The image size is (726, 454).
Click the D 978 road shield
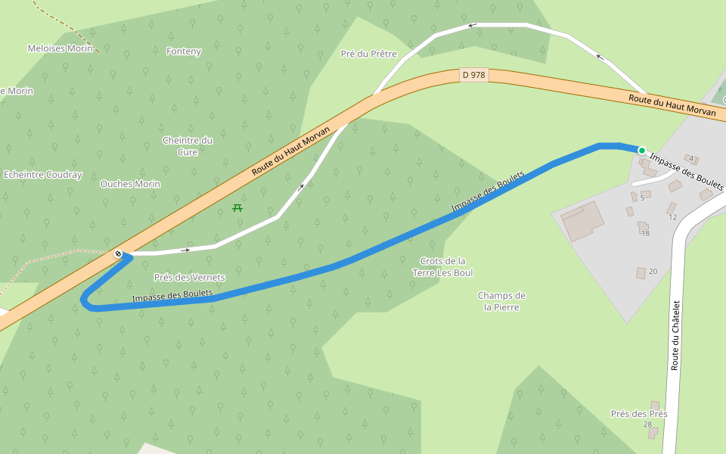point(473,75)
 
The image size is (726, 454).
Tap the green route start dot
point(642,151)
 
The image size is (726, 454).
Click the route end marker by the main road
point(119,253)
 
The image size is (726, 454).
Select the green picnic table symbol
point(237,207)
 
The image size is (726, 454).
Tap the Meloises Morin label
point(60,48)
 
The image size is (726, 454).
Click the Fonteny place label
point(184,51)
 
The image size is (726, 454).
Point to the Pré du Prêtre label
point(369,54)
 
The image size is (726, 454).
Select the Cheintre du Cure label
point(188,146)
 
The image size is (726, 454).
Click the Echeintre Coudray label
point(42,175)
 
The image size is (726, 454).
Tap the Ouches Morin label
point(130,184)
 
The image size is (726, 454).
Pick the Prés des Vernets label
point(189,278)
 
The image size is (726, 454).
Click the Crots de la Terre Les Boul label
point(442,267)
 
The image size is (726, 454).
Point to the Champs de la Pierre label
point(501,301)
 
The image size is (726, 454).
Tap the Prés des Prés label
point(639,414)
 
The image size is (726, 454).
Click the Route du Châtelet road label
point(676,335)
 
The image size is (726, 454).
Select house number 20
point(653,271)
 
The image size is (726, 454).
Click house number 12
point(673,217)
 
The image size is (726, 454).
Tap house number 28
point(647,424)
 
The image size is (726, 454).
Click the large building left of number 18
point(582,221)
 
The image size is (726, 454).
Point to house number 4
point(691,158)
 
